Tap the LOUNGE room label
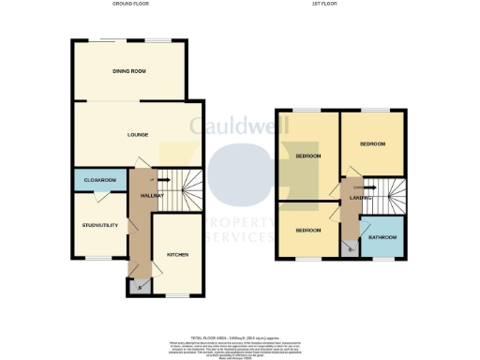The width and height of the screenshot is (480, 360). click(x=138, y=135)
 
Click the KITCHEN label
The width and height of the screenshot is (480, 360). click(x=178, y=255)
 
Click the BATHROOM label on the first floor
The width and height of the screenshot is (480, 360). click(x=382, y=238)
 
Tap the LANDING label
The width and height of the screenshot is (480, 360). click(x=361, y=198)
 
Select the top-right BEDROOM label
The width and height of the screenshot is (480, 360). click(x=373, y=143)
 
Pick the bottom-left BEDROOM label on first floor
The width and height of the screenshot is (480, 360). click(x=308, y=230)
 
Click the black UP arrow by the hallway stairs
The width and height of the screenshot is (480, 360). click(x=160, y=179)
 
